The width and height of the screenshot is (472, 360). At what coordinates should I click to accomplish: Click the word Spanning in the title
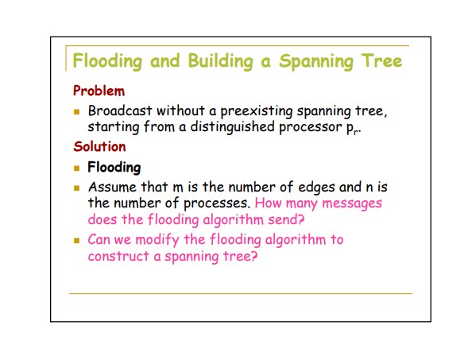[x=316, y=61]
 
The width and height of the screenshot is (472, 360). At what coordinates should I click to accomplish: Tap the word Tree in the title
[x=381, y=60]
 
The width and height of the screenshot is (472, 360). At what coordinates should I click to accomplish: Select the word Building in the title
[x=220, y=61]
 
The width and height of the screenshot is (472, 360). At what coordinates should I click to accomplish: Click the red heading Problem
[x=99, y=91]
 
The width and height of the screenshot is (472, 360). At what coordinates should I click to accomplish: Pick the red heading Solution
[x=99, y=146]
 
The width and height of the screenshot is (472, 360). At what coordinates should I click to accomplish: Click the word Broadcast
[x=120, y=110]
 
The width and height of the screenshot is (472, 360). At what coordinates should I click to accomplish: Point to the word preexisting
[x=257, y=111]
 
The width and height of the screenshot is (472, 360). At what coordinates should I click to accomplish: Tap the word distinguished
[x=232, y=127]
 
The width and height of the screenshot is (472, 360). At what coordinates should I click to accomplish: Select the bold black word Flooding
[x=114, y=168]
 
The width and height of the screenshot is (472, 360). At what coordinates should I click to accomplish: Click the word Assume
[x=113, y=187]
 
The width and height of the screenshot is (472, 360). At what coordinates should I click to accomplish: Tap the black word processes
[x=217, y=203]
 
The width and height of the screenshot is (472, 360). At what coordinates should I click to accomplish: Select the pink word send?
[x=286, y=219]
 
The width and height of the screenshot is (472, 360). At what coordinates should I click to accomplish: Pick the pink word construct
[x=118, y=257]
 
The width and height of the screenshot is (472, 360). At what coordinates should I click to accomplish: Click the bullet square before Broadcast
[x=77, y=112]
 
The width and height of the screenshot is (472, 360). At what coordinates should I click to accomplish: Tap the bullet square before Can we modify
[x=77, y=241]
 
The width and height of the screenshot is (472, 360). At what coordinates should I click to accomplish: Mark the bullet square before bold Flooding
[x=77, y=168]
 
